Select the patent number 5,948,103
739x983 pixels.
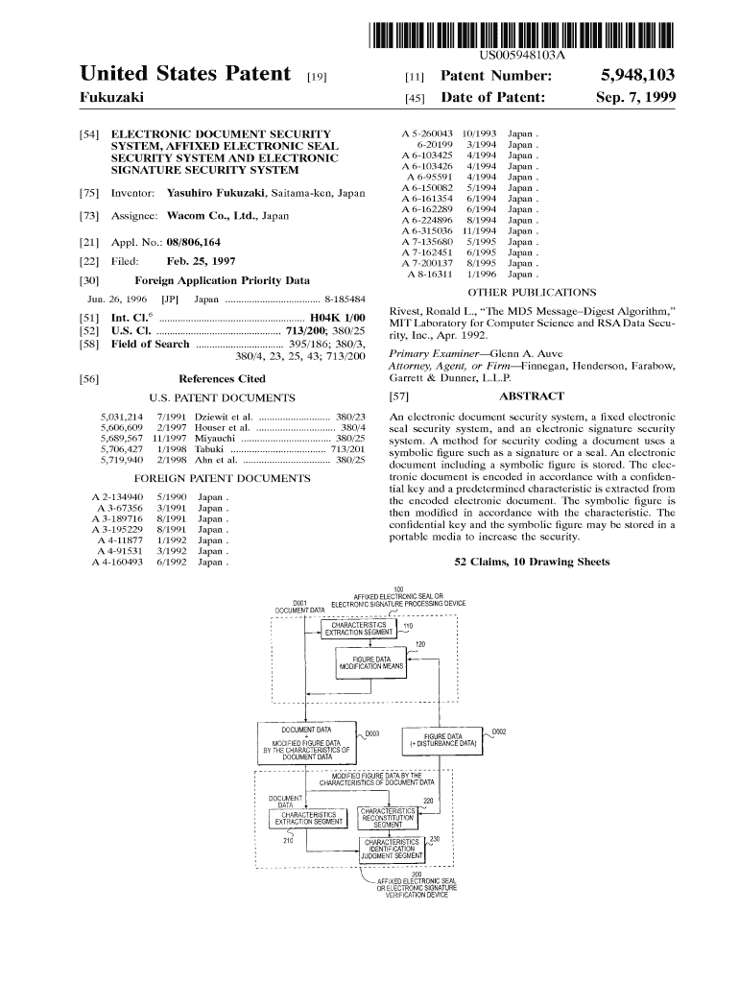pyautogui.click(x=638, y=75)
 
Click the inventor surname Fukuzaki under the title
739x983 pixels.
pyautogui.click(x=110, y=98)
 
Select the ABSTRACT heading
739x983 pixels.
pyautogui.click(x=532, y=396)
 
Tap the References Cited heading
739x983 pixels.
pyautogui.click(x=222, y=379)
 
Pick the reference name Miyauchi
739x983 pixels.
pyautogui.click(x=217, y=438)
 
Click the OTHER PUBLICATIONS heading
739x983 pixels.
pyautogui.click(x=531, y=292)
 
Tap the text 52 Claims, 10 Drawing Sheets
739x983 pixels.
pyautogui.click(x=531, y=562)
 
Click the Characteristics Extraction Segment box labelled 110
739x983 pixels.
pyautogui.click(x=358, y=629)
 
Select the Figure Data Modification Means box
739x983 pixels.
pyautogui.click(x=369, y=664)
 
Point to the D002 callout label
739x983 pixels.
pyautogui.click(x=499, y=732)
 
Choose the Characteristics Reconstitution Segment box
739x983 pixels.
pyautogui.click(x=388, y=817)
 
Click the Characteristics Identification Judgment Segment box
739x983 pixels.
pyautogui.click(x=393, y=848)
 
